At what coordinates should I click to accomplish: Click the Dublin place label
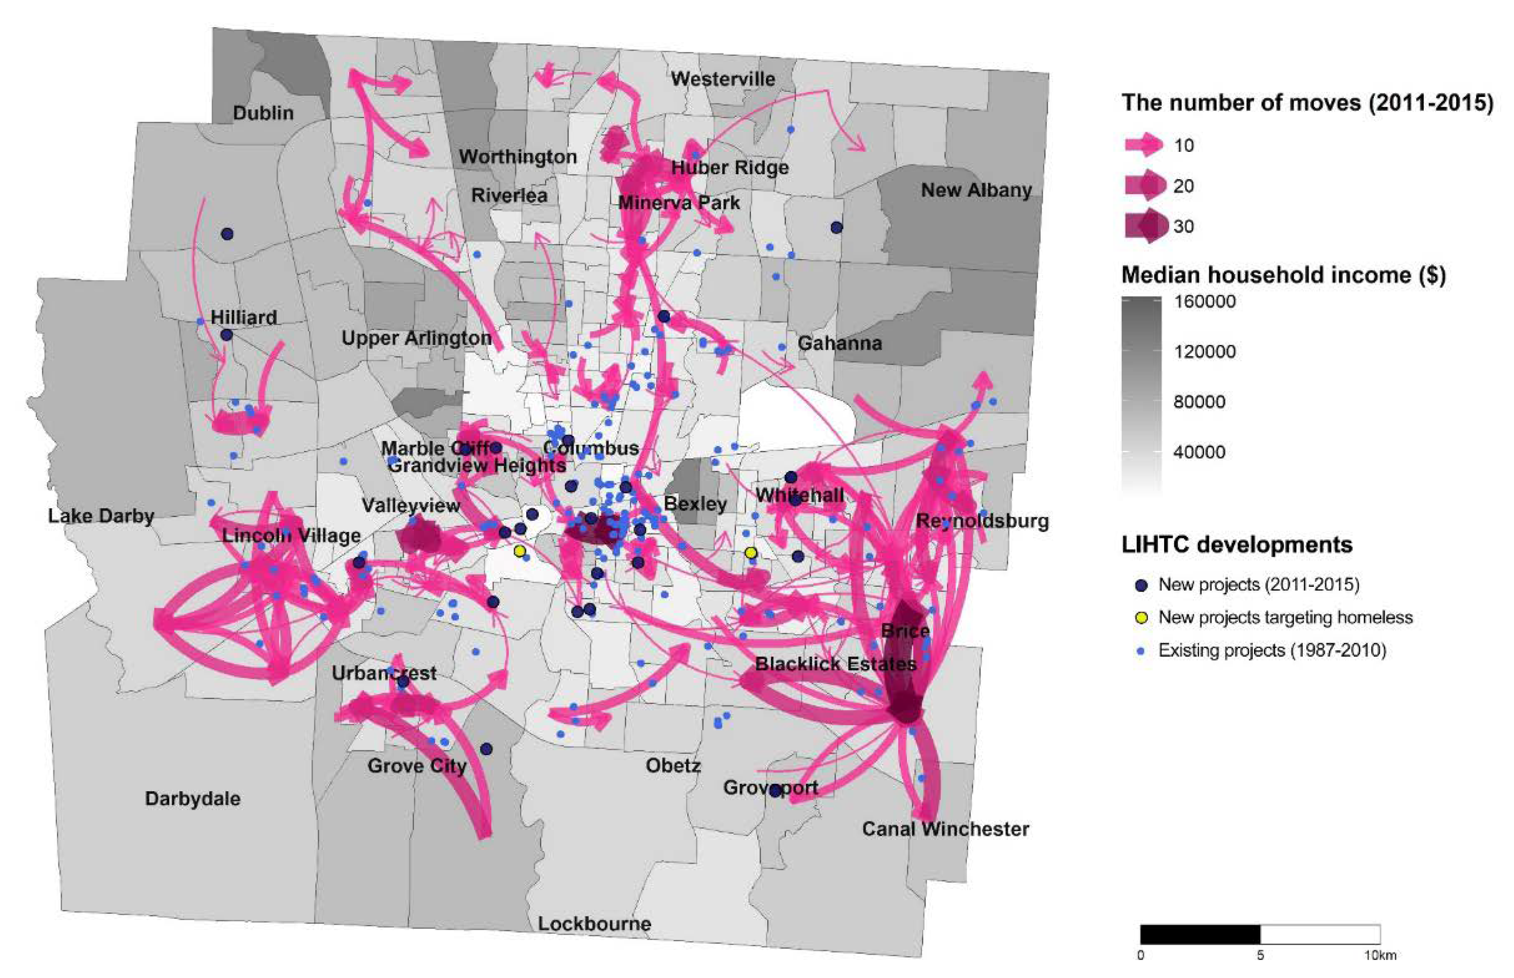(263, 113)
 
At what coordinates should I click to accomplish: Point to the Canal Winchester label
(945, 829)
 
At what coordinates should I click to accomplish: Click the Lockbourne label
(594, 923)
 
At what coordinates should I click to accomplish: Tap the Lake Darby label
(101, 516)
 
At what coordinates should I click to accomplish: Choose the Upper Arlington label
(416, 338)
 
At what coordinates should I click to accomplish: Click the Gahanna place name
(839, 343)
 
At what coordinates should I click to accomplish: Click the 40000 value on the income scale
(1199, 452)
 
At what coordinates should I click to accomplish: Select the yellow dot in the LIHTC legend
(1142, 617)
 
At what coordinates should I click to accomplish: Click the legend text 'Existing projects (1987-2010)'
(1272, 650)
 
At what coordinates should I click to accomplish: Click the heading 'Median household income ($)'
(1283, 275)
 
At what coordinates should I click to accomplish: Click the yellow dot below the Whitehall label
(751, 553)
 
